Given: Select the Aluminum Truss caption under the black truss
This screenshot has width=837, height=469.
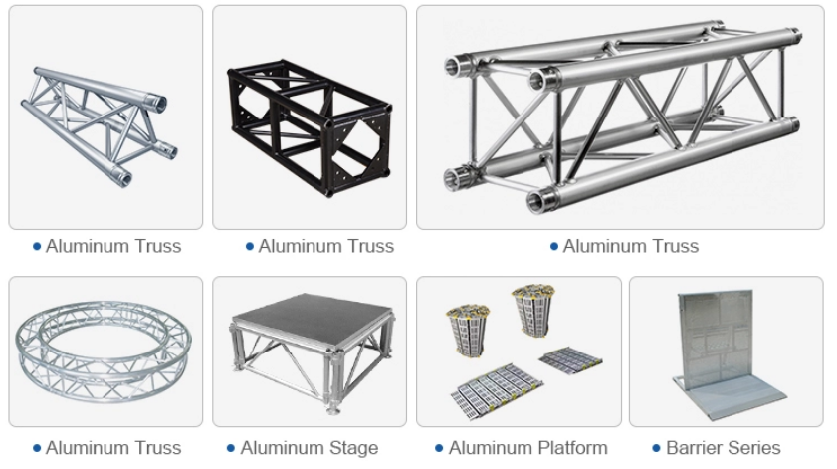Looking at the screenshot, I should [x=325, y=246].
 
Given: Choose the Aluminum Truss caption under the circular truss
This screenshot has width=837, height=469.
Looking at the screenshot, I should [x=113, y=448].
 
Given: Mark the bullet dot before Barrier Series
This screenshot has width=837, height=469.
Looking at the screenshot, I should [x=657, y=449].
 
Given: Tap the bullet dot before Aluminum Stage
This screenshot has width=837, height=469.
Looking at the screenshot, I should [x=231, y=449].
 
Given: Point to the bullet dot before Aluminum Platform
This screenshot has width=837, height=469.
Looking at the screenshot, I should [x=439, y=449].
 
